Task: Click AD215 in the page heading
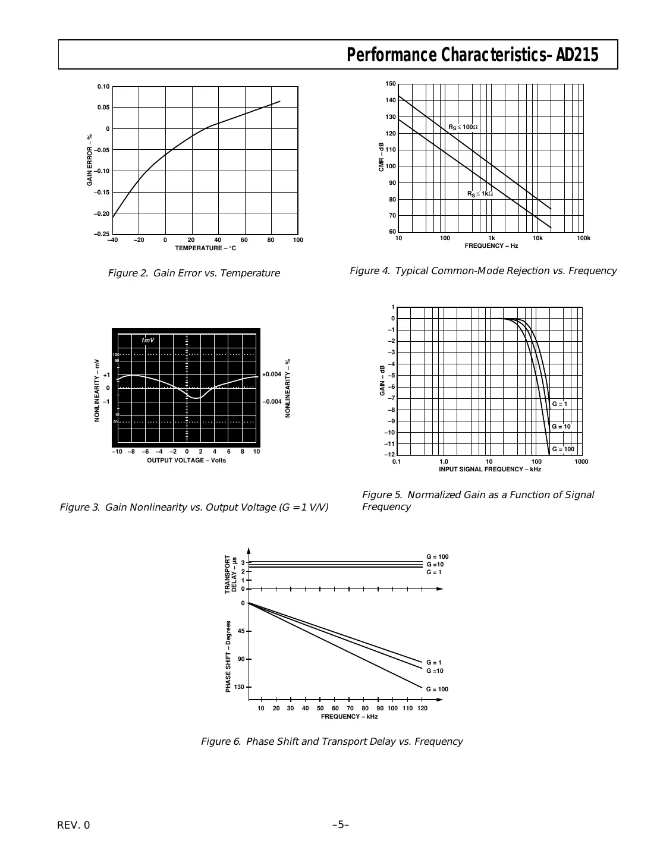(x=577, y=55)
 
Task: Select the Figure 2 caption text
(x=194, y=273)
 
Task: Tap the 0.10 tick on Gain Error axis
(x=103, y=87)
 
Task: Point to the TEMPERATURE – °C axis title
(x=205, y=248)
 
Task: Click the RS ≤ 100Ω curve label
(x=463, y=127)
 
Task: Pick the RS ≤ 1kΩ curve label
(x=480, y=194)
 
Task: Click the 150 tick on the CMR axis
(x=391, y=84)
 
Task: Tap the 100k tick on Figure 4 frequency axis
(x=583, y=238)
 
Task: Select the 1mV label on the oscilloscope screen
(x=147, y=340)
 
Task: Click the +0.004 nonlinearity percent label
(x=272, y=374)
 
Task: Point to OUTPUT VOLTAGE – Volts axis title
(x=186, y=461)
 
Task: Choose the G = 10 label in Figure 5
(x=561, y=427)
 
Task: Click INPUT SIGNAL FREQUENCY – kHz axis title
(x=490, y=470)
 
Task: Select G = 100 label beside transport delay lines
(x=437, y=557)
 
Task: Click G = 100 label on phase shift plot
(x=437, y=690)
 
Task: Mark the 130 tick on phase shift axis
(x=239, y=687)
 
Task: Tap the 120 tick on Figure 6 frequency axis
(x=422, y=709)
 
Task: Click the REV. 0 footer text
(x=74, y=825)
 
